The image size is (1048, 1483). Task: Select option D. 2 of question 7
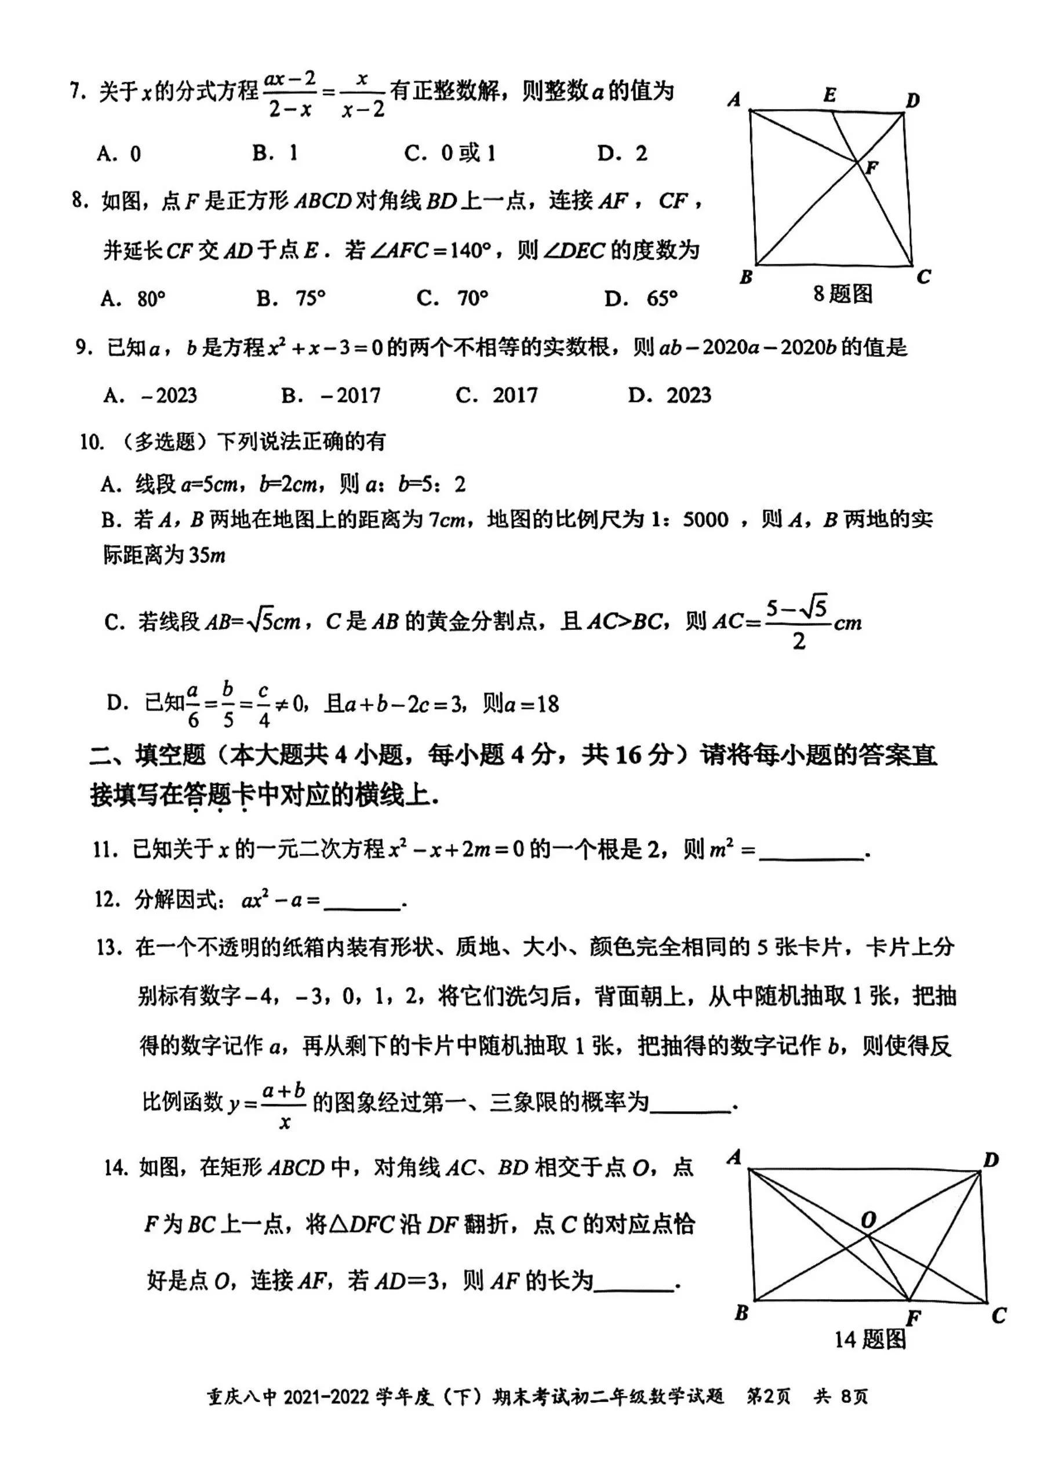(623, 153)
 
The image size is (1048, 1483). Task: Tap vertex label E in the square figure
(829, 96)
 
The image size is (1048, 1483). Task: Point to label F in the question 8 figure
(872, 168)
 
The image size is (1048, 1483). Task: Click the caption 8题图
(843, 295)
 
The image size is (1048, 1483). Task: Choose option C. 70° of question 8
(453, 299)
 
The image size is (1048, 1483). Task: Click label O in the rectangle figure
(868, 1219)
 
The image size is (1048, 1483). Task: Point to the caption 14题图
(870, 1339)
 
